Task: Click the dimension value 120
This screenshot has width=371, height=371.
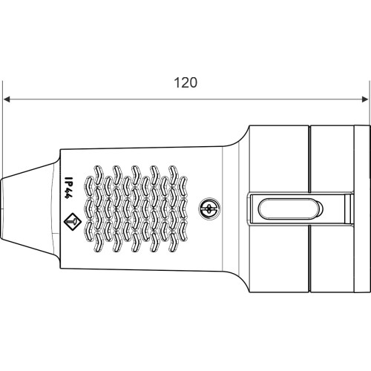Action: point(185,83)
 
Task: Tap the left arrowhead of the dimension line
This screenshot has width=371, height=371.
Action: point(7,99)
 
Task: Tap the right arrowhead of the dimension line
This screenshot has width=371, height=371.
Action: point(365,99)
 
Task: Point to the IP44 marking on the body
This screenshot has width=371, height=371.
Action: point(67,188)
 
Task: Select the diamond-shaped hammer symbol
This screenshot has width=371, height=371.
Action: point(73,222)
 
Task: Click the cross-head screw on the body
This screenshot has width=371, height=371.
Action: point(209,209)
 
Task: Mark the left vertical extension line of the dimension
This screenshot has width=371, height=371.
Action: point(2,129)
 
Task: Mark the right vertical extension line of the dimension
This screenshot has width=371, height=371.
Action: point(370,103)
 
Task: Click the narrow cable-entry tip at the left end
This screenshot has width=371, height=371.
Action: point(2,209)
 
